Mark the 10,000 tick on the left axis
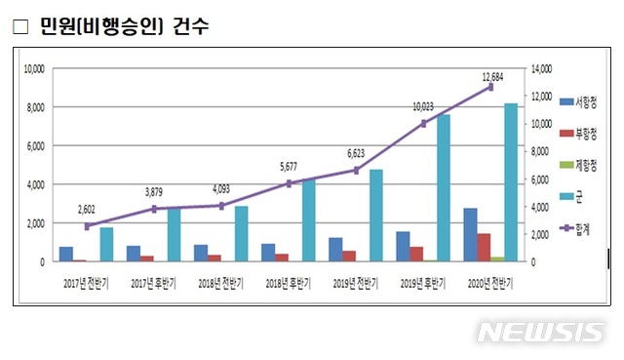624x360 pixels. (34, 68)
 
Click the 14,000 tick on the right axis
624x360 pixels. (540, 68)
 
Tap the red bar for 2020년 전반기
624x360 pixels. (484, 248)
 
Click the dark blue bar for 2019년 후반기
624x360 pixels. (403, 246)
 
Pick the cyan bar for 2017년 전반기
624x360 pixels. (106, 244)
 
